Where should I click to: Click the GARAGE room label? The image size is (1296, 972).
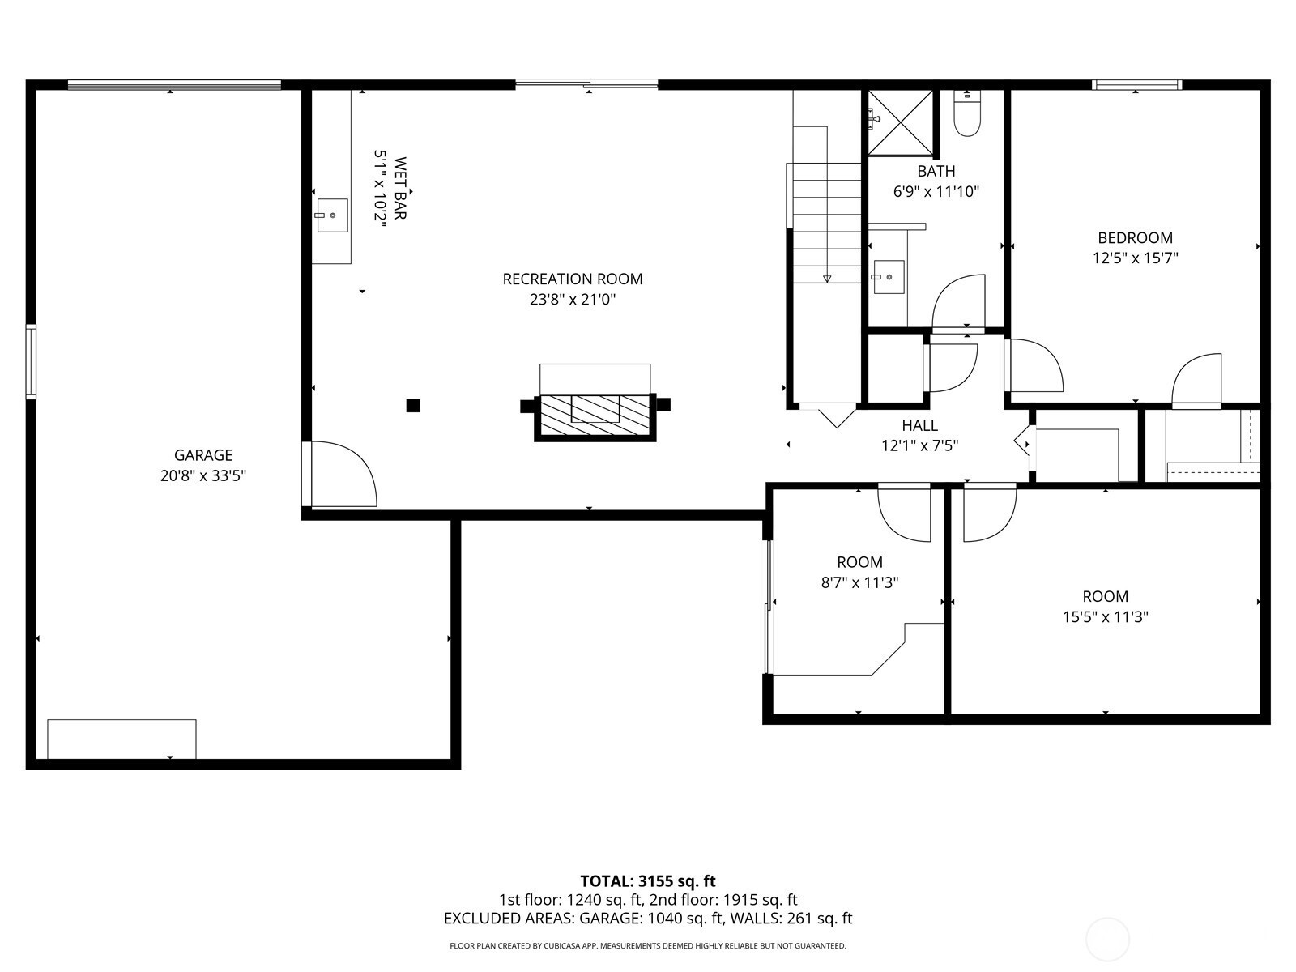(203, 455)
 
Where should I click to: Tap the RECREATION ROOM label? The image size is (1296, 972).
(572, 279)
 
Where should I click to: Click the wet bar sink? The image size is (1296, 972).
(332, 215)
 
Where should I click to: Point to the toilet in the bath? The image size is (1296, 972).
(967, 114)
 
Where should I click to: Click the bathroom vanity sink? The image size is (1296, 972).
(889, 277)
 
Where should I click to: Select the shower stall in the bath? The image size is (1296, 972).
(901, 123)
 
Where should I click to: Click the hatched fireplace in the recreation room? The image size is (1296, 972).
(595, 417)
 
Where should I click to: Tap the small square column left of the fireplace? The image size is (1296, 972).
(413, 406)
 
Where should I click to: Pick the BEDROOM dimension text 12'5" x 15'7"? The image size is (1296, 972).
(1135, 258)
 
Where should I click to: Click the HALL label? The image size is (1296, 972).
(919, 425)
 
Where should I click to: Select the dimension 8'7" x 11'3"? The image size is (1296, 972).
(859, 582)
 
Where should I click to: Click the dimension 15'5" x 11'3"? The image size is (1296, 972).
(1106, 616)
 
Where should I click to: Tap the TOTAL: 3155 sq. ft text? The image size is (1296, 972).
(648, 881)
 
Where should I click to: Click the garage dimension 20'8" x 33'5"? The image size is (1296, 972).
(203, 475)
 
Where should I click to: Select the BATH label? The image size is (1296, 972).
(936, 171)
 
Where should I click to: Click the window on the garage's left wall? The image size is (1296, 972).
(31, 361)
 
